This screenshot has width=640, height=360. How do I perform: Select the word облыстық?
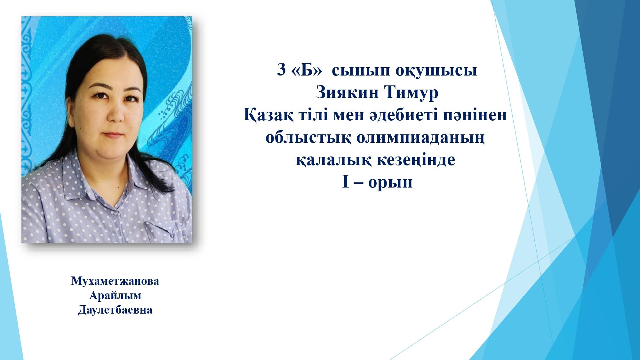[308, 138]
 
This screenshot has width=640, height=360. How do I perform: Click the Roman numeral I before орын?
[345, 183]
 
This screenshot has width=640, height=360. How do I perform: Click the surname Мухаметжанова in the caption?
[115, 282]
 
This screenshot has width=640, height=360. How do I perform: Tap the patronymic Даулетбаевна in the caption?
[115, 310]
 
